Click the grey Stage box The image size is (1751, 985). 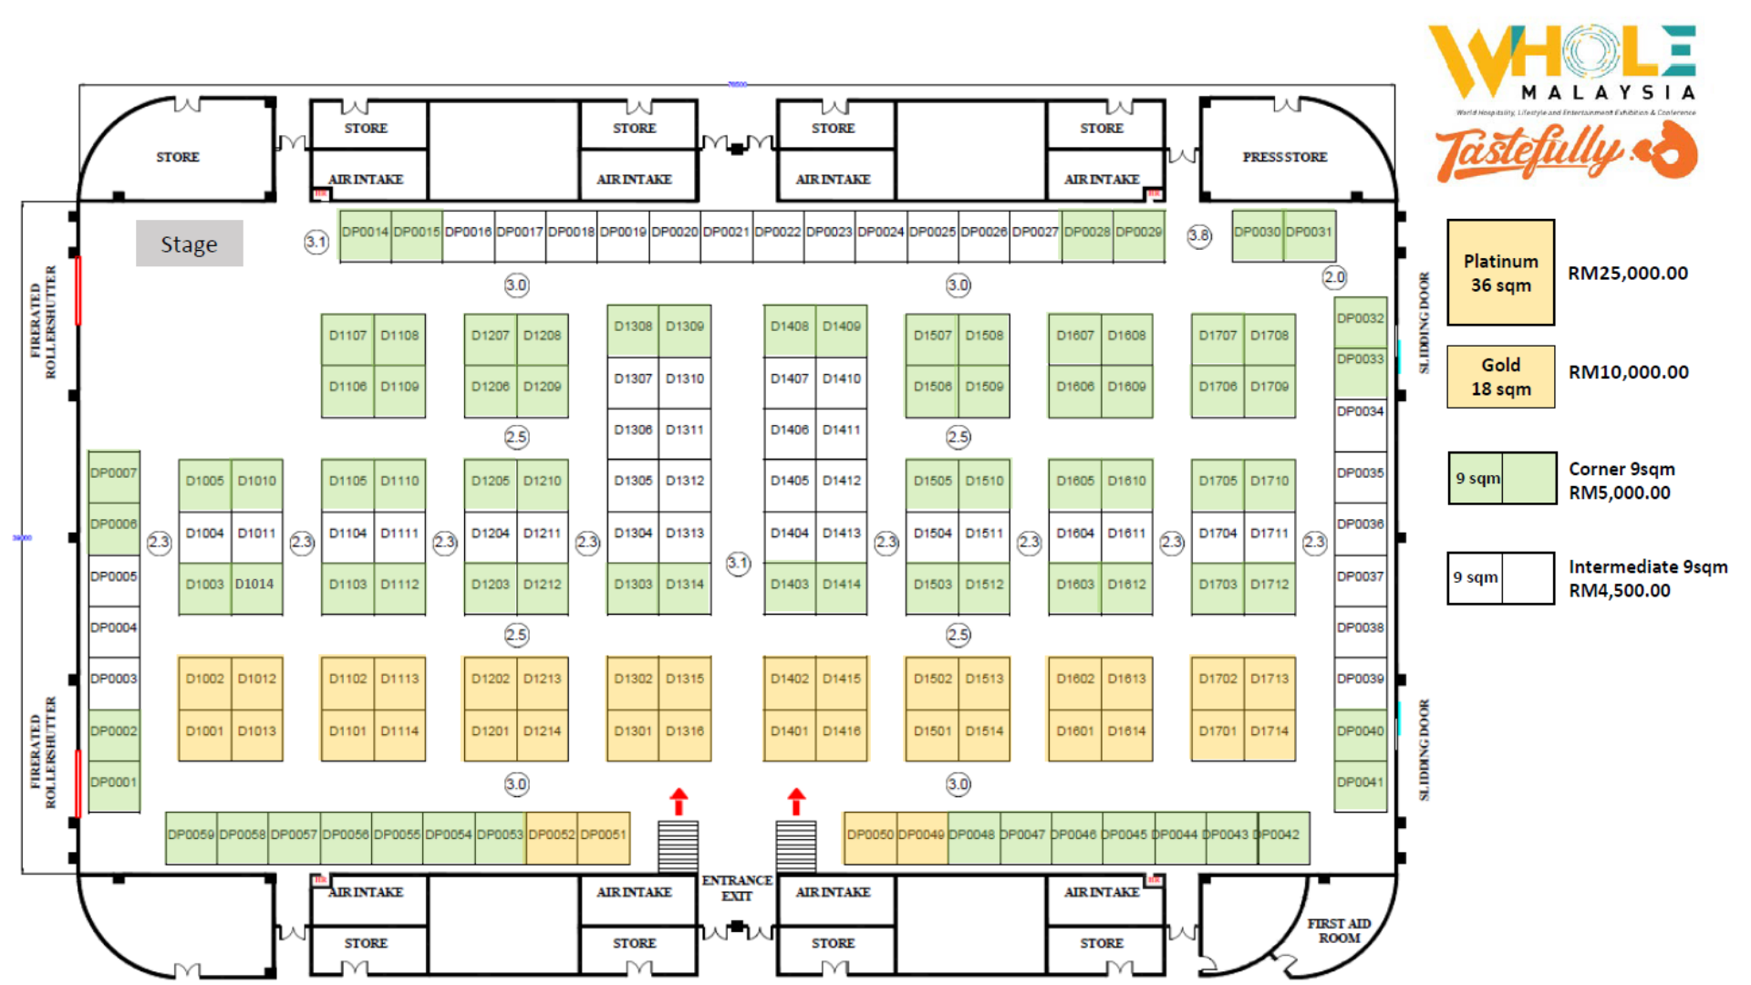[189, 244]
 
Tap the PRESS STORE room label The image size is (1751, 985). [1284, 157]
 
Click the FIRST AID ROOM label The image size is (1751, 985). [1339, 930]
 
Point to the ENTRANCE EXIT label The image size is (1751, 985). [737, 887]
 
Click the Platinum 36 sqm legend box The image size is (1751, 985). [1500, 273]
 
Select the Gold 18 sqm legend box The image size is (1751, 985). [1500, 377]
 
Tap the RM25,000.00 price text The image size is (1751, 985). [1628, 273]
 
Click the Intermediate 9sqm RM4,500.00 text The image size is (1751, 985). [1647, 578]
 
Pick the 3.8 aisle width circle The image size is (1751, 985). [1199, 235]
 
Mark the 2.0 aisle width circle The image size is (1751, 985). [1334, 277]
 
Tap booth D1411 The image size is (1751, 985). [841, 430]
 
